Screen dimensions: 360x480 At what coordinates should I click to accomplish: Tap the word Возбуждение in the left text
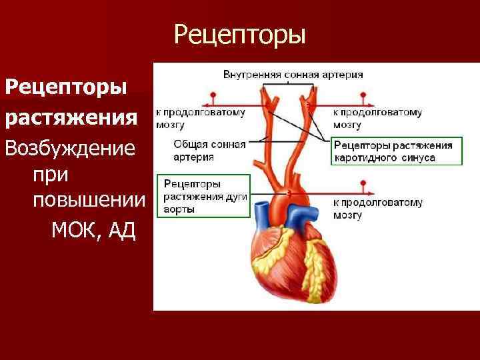click(70, 148)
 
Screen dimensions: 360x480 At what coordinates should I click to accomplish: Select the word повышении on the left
click(87, 201)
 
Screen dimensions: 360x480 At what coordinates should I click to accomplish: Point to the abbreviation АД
click(121, 230)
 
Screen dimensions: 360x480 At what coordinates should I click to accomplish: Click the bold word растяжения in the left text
click(72, 118)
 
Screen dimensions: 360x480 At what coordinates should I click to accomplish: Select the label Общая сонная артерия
click(209, 151)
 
